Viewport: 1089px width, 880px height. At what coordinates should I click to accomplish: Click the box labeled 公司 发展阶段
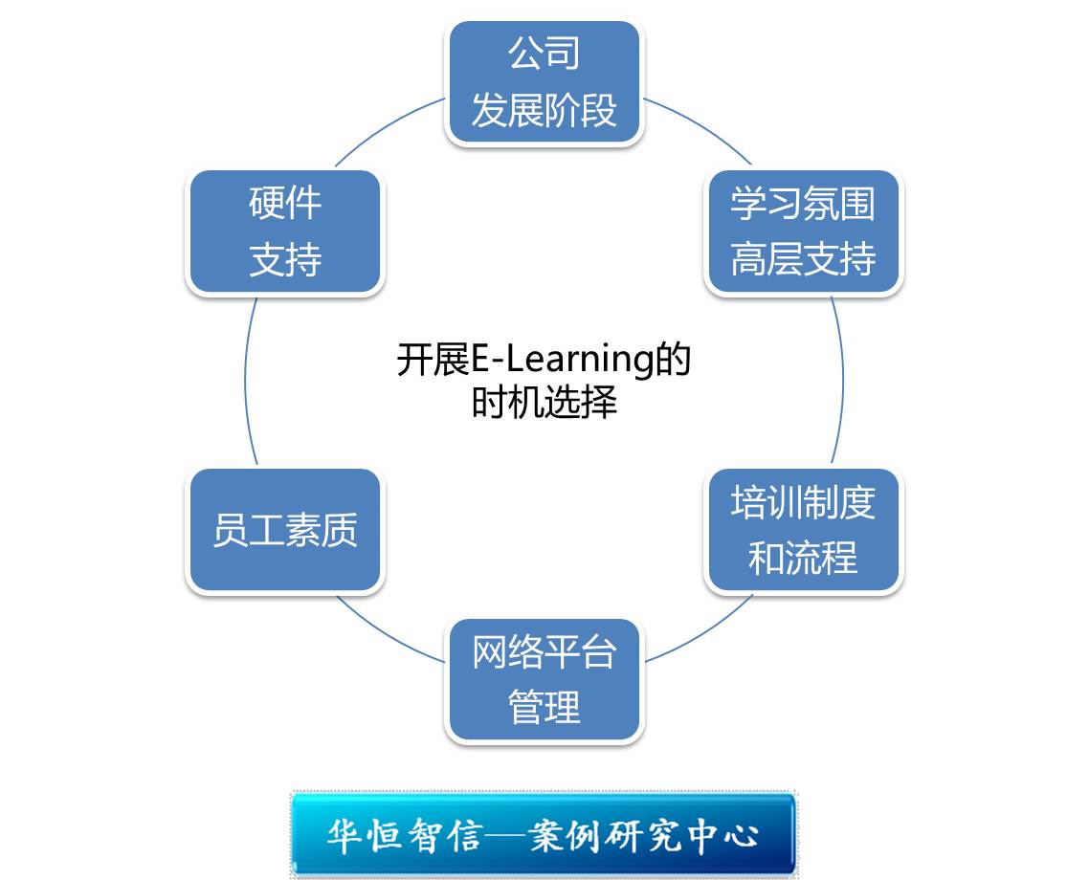(x=544, y=83)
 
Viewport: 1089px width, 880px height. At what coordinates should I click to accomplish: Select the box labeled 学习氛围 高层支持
(x=803, y=232)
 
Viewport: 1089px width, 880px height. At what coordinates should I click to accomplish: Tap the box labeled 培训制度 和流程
(x=803, y=531)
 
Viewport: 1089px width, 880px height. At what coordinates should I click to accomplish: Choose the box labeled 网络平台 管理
(x=544, y=680)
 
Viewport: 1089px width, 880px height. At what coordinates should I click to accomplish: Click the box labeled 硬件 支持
(x=285, y=232)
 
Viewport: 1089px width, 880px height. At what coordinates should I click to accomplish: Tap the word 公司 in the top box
(x=544, y=54)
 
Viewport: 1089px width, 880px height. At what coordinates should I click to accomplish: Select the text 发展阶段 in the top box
(x=544, y=111)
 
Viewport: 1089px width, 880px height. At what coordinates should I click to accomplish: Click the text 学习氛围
(x=803, y=204)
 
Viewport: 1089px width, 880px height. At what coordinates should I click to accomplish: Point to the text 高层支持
(x=803, y=259)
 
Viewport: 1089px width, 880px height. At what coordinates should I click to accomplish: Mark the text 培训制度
(x=803, y=502)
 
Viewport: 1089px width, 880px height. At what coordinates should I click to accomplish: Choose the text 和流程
(x=803, y=559)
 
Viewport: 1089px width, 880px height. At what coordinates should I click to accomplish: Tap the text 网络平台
(x=544, y=652)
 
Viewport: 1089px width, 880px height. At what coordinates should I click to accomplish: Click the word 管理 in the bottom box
(x=544, y=709)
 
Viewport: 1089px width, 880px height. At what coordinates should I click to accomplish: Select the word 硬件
(x=285, y=204)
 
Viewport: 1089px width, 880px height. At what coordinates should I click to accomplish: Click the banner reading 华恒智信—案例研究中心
(x=544, y=834)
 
